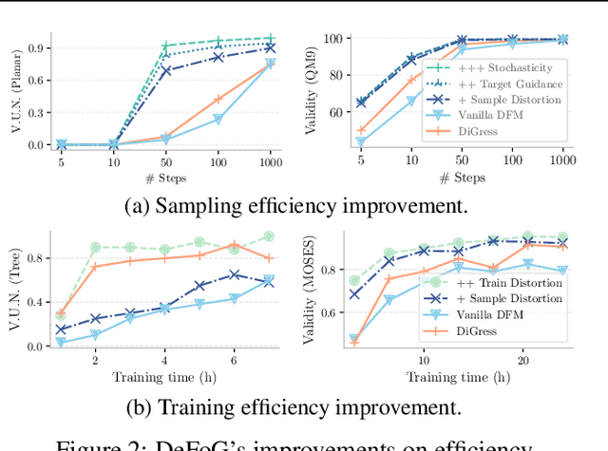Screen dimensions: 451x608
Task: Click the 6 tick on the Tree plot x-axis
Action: coord(234,361)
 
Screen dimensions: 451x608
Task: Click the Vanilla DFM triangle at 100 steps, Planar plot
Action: coord(218,120)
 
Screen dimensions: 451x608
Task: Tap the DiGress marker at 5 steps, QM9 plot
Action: coord(361,130)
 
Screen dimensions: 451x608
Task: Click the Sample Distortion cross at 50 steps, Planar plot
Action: coord(166,71)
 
